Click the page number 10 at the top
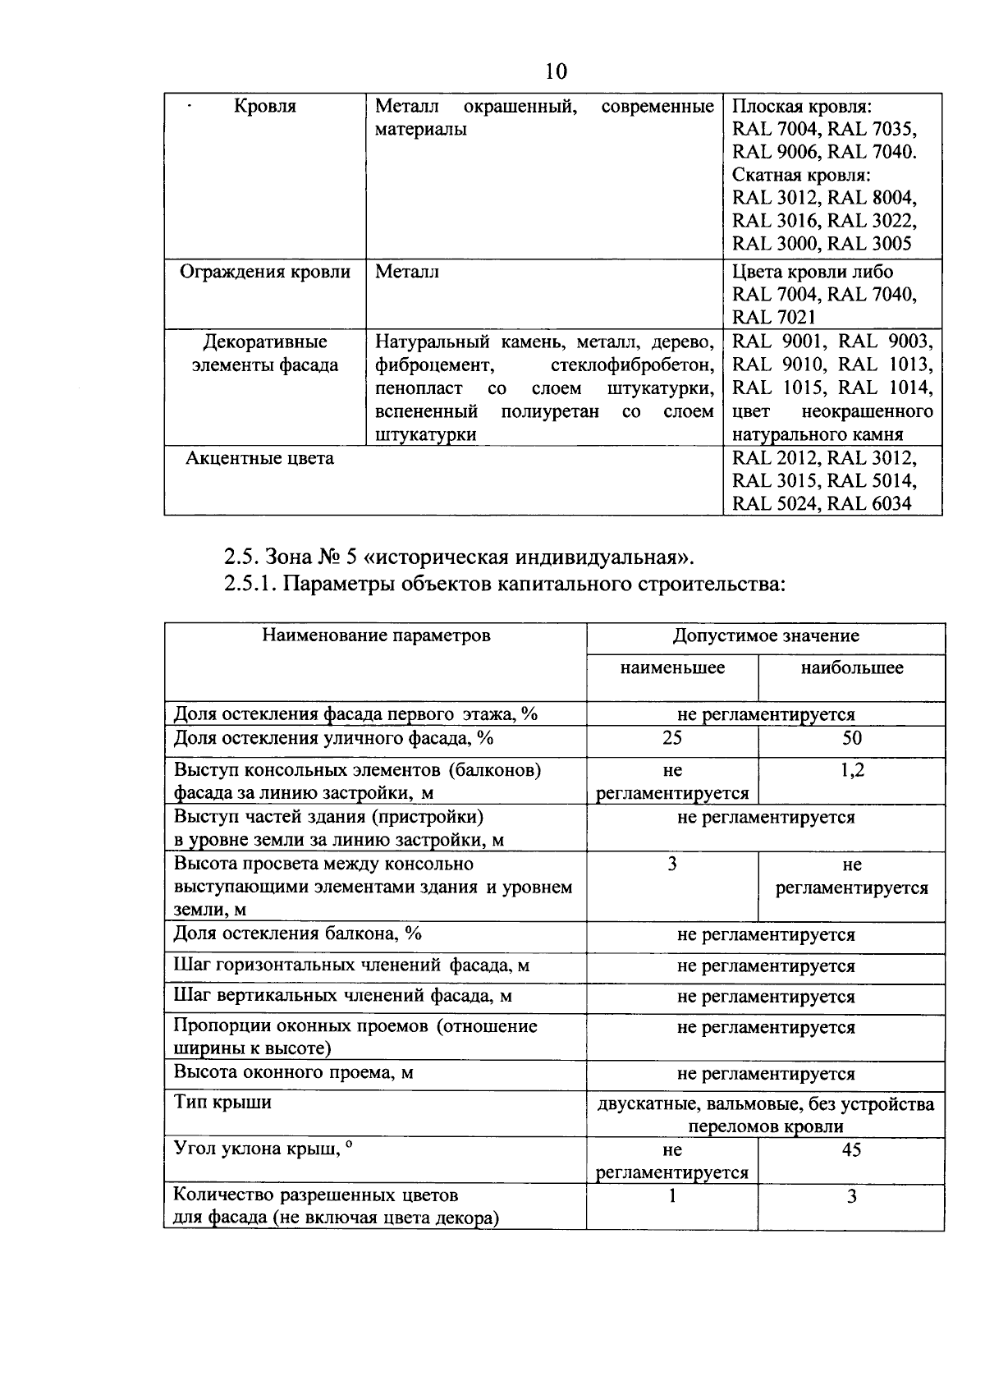point(556,71)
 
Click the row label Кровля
point(265,107)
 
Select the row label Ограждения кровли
point(265,272)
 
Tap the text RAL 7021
point(774,317)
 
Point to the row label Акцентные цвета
point(259,458)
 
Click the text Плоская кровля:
point(801,107)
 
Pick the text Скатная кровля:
point(800,175)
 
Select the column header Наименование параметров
point(376,635)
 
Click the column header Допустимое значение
point(766,635)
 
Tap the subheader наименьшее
point(672,667)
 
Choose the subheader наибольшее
point(852,667)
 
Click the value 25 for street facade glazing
point(672,738)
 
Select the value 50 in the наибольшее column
point(852,738)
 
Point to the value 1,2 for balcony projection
point(852,770)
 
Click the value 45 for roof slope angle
point(851,1149)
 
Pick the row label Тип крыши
point(222,1102)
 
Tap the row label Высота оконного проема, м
point(293,1072)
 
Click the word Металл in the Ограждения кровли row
point(407,272)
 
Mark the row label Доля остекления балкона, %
point(297,933)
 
